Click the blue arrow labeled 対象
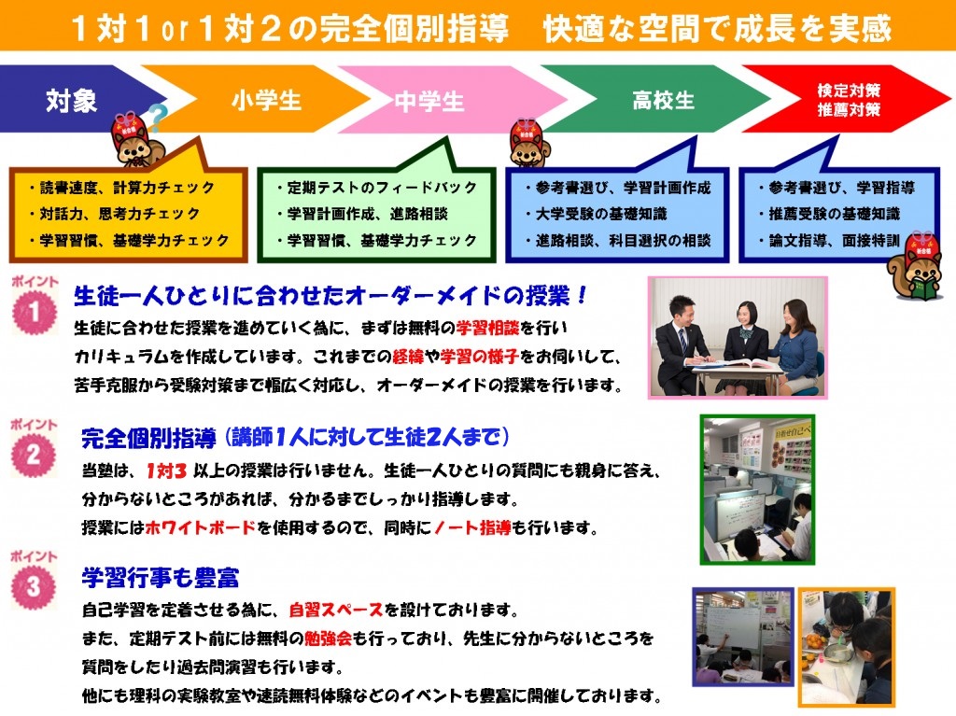tap(73, 99)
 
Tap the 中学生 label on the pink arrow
tap(429, 101)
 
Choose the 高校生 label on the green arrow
tap(664, 100)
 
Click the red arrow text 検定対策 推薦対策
tap(849, 100)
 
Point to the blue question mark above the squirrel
tap(157, 117)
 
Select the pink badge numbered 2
tap(34, 455)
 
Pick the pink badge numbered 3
tap(34, 586)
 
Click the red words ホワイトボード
tap(201, 527)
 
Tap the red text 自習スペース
tap(336, 610)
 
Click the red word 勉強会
tap(328, 639)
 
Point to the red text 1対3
tap(166, 470)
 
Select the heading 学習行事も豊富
tap(161, 578)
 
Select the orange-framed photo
tap(846, 647)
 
